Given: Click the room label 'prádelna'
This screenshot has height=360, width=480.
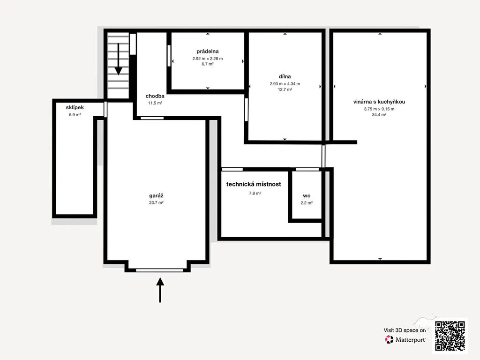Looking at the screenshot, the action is [x=208, y=52].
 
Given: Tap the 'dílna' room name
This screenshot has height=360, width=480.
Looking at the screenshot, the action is [x=285, y=76].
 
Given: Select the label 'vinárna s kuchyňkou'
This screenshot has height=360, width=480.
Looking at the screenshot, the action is [x=379, y=102].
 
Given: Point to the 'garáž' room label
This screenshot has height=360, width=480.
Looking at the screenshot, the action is [x=156, y=195].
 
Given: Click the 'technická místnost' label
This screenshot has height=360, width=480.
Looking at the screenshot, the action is [x=254, y=184].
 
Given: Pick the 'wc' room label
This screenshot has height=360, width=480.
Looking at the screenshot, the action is [x=307, y=196].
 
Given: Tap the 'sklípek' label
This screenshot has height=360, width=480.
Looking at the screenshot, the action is [x=75, y=107].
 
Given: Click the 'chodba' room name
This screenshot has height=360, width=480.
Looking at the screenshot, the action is [x=155, y=96].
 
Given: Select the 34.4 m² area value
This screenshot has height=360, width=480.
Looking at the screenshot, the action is [x=379, y=115].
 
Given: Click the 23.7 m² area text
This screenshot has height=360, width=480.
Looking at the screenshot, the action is [x=156, y=202].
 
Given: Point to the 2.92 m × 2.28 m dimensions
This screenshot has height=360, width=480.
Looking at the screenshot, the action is [x=208, y=59].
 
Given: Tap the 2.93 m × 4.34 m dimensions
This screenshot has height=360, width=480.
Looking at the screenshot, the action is [x=285, y=83].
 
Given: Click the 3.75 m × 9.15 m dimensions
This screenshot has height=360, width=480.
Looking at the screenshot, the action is [x=379, y=109].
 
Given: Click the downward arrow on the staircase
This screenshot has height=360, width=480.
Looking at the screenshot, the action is [x=119, y=59].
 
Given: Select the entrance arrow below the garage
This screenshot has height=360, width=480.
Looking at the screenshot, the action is [x=160, y=290].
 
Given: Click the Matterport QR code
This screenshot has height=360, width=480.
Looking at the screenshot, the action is [x=450, y=336].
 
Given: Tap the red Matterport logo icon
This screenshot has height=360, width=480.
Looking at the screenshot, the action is [x=389, y=339].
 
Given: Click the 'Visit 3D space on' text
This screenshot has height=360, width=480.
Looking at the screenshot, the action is [x=405, y=330].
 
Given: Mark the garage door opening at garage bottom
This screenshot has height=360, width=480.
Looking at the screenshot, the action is [x=159, y=270].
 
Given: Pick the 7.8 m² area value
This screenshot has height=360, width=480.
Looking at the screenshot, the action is [x=255, y=194].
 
